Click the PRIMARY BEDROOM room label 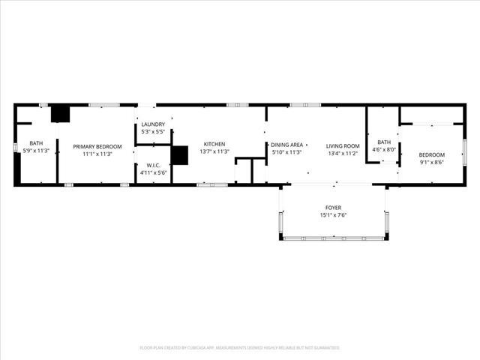point(97,146)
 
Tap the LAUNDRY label point(153,124)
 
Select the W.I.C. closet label point(153,165)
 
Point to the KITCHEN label point(214,144)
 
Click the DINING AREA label point(286,144)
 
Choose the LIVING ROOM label point(343,145)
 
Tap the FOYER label point(333,208)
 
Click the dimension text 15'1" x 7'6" point(333,215)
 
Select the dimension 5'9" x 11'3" point(36,151)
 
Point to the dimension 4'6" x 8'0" point(384,149)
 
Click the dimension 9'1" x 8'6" point(431,162)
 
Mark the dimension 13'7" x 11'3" point(214,151)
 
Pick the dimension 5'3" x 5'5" point(153,131)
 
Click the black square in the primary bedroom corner point(60,113)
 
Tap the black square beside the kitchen point(179,154)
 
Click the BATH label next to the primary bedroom point(36,143)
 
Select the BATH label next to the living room point(384,142)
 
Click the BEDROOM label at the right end point(431,154)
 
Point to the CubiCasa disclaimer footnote point(240,348)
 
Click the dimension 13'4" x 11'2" point(343,153)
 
